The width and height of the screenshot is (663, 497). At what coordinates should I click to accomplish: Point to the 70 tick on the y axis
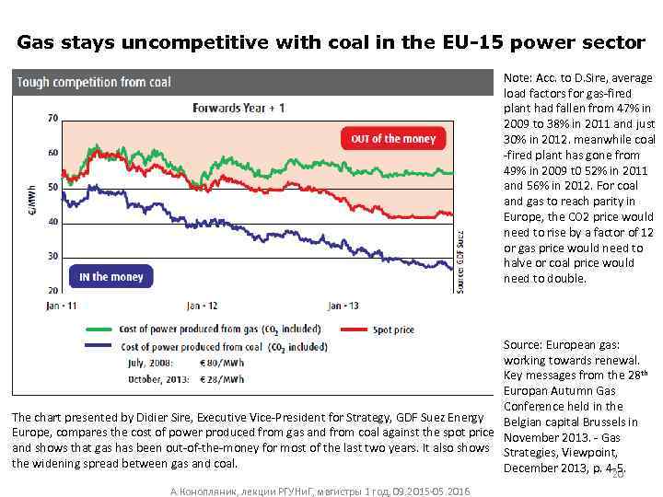(53, 118)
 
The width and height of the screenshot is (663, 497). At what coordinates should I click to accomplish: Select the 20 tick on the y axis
(53, 291)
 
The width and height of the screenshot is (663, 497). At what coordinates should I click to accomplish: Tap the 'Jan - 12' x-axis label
(202, 305)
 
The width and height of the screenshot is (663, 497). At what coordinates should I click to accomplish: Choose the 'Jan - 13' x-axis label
(344, 305)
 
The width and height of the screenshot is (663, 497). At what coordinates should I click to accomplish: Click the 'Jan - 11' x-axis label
(61, 305)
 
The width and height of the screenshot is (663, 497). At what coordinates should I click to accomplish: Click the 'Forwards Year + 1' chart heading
(238, 108)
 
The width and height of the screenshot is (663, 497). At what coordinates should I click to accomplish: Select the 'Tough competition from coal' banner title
(94, 82)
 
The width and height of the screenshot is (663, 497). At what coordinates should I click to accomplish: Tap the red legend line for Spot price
(354, 329)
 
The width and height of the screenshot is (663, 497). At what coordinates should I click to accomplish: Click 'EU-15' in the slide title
(395, 41)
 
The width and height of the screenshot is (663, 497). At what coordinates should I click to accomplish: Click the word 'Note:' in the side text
(518, 81)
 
